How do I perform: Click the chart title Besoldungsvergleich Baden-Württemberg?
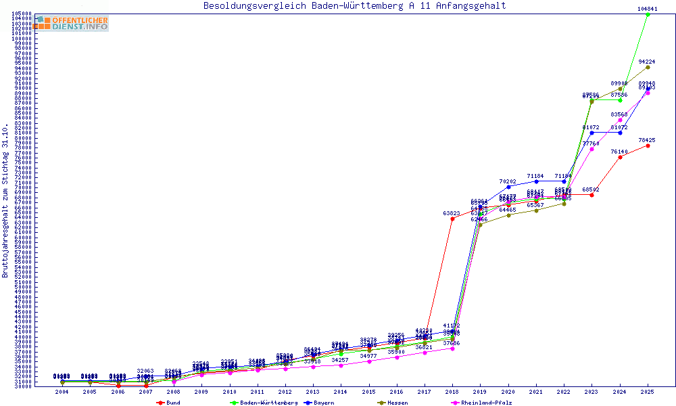(x=354, y=6)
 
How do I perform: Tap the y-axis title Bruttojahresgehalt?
(x=5, y=201)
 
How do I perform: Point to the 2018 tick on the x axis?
(x=452, y=391)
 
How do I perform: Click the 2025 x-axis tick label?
(x=648, y=391)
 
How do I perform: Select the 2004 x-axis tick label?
(x=62, y=391)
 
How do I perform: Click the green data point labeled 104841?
(x=648, y=14)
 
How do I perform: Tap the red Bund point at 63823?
(x=452, y=219)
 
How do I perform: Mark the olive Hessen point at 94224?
(x=648, y=67)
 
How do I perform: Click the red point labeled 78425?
(x=648, y=145)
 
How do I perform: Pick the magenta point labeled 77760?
(x=591, y=149)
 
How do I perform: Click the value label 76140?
(x=619, y=152)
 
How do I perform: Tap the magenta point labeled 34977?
(x=368, y=361)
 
